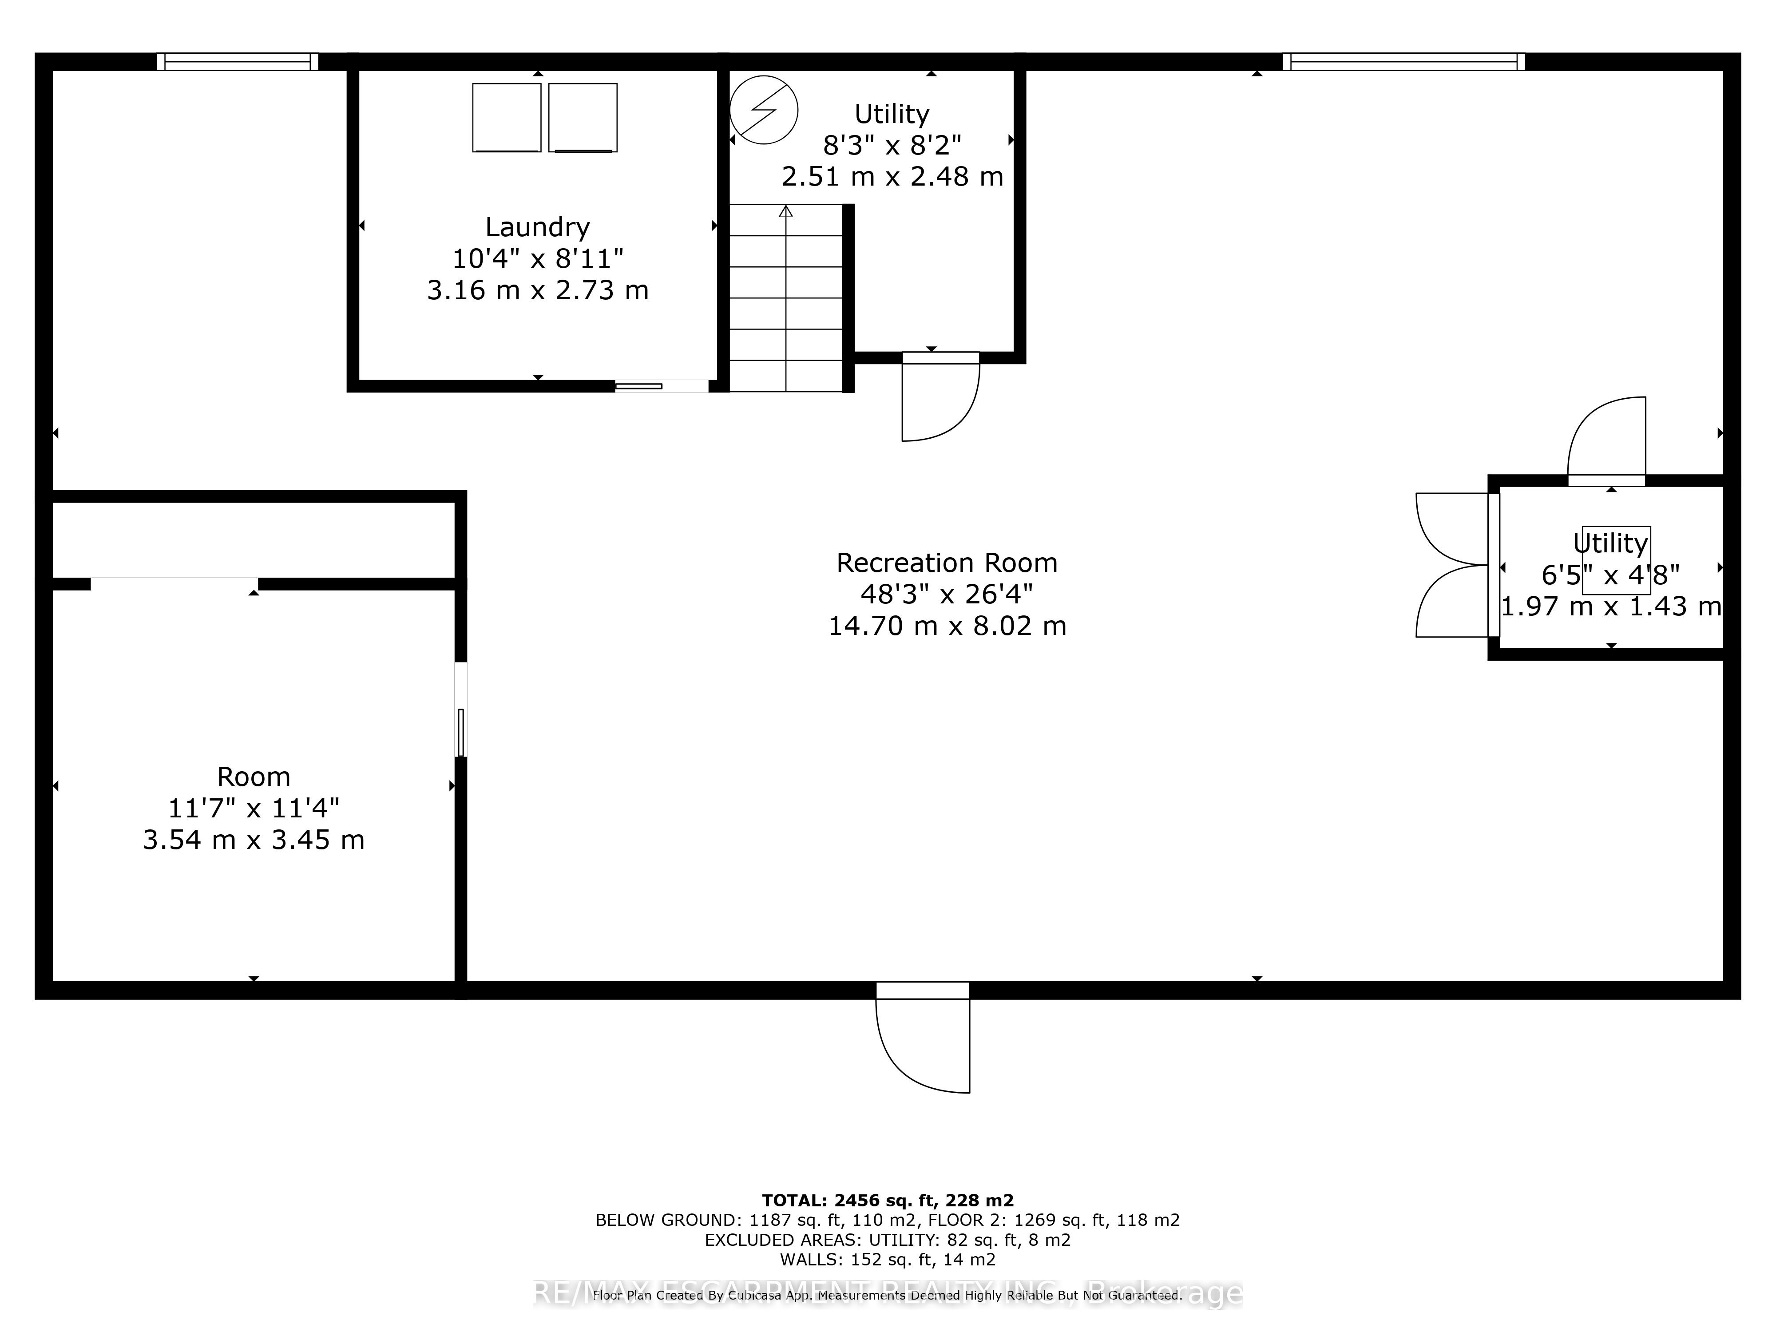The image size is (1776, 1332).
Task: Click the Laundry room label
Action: click(x=537, y=227)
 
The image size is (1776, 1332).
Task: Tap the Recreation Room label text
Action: click(x=947, y=563)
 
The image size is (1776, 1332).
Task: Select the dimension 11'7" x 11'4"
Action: click(x=254, y=808)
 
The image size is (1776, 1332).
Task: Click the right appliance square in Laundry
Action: click(x=583, y=117)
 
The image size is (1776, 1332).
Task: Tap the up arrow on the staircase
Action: click(x=785, y=212)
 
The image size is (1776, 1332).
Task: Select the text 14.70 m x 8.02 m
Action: click(x=947, y=626)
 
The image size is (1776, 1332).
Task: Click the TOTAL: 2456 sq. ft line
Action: click(x=887, y=1200)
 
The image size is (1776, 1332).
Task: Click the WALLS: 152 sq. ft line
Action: click(x=887, y=1259)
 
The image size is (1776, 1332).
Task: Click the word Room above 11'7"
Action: click(x=254, y=777)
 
